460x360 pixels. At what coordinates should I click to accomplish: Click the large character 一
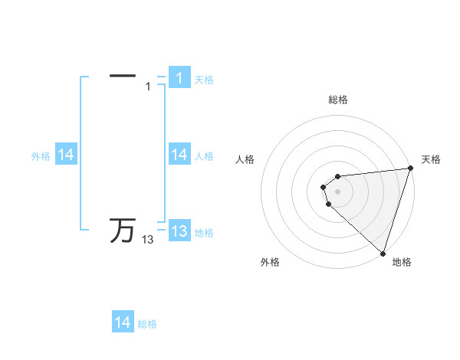pos(123,76)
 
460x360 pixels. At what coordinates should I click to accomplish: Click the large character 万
pos(123,230)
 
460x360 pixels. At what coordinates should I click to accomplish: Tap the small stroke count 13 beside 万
pos(147,240)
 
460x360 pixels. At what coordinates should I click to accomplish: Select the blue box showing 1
pos(179,78)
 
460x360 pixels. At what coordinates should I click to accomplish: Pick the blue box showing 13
pos(179,231)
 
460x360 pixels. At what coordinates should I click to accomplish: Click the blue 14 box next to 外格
pos(66,155)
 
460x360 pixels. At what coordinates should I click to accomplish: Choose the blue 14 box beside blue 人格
pos(179,155)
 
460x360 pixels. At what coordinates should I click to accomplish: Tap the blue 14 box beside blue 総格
pos(123,322)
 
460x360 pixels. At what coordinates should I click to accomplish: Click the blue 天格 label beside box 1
pos(204,79)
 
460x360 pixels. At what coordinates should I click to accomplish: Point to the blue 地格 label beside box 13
pos(204,233)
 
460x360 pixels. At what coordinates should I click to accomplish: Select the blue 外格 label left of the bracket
pos(41,156)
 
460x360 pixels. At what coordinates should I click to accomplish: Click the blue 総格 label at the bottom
pos(147,324)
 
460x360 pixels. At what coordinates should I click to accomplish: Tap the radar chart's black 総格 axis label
pos(338,100)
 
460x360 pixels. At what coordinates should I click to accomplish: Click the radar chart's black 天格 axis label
pos(431,159)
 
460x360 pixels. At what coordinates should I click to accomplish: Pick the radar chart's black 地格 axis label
pos(402,262)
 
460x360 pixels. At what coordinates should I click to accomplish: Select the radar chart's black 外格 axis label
pos(270,262)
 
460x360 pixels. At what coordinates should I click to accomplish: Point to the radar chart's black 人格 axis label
pos(245,159)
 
